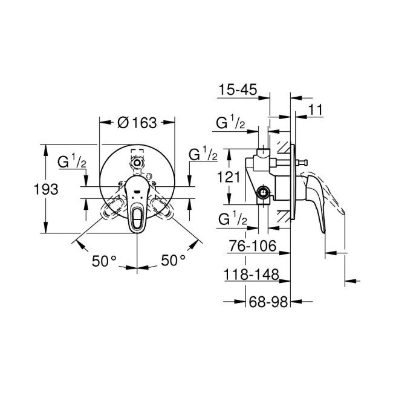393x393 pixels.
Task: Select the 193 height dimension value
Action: tap(46, 189)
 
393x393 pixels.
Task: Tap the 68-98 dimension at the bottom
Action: tap(268, 300)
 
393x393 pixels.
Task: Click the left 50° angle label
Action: tap(104, 261)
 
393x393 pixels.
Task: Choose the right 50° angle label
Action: tap(173, 261)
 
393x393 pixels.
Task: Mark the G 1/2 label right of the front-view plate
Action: tap(203, 154)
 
